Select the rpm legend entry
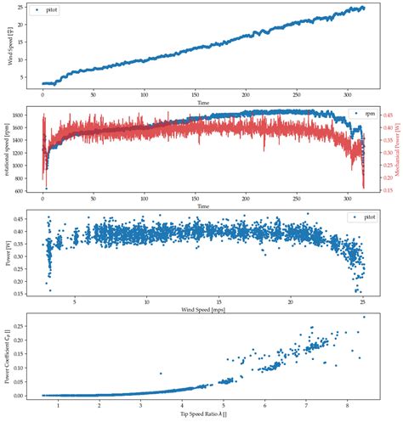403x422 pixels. click(355, 114)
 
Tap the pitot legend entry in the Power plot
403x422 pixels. click(355, 218)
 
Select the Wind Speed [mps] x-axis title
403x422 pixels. click(203, 309)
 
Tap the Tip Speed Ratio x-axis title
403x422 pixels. click(203, 414)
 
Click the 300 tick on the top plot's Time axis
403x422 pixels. click(349, 94)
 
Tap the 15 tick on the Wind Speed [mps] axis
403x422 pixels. click(219, 301)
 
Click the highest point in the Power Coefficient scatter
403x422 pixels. click(365, 317)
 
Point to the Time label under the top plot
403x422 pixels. click(203, 102)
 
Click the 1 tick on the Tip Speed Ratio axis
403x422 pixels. click(59, 406)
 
